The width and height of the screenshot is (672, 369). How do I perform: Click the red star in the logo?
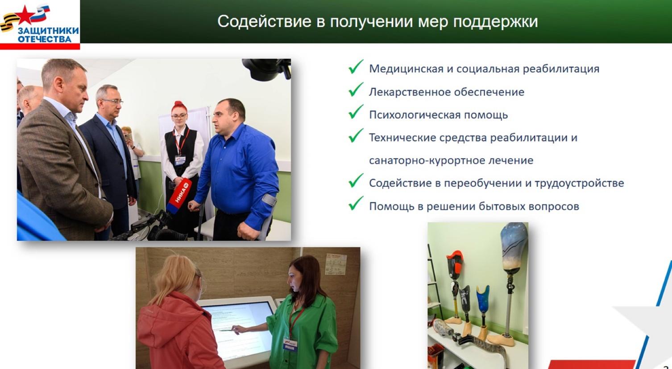click(25, 15)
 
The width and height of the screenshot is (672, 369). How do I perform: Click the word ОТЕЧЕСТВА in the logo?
click(45, 39)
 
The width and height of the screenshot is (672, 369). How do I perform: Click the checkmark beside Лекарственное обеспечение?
click(356, 90)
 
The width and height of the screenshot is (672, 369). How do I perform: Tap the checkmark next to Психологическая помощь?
click(356, 112)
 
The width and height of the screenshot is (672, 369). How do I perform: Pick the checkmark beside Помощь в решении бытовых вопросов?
click(356, 203)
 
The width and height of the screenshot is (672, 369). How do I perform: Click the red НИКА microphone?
click(179, 196)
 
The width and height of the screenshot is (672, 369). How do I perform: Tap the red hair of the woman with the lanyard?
click(179, 107)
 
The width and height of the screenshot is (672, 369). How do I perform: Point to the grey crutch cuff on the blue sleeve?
click(269, 200)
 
